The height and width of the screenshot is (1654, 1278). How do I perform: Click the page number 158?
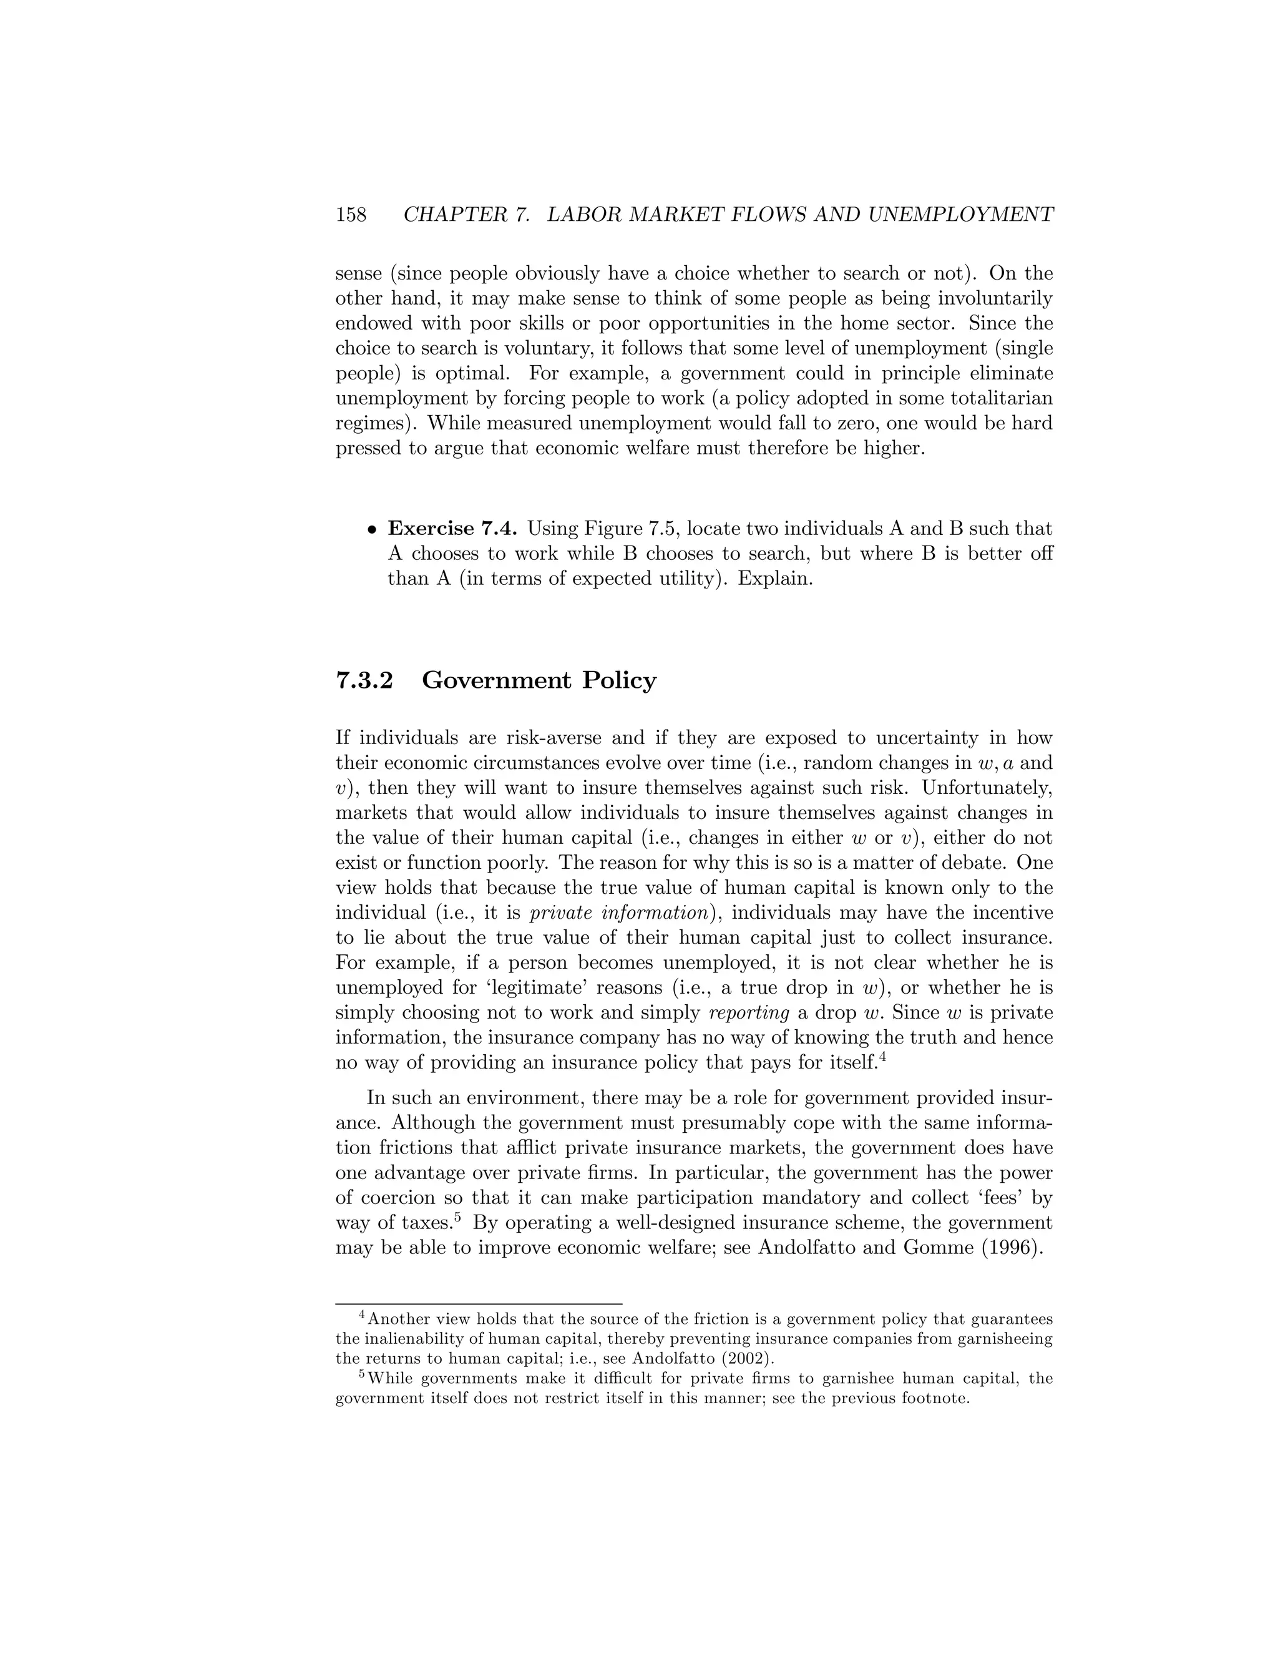click(x=351, y=215)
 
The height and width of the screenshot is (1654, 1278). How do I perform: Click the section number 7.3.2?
click(x=364, y=680)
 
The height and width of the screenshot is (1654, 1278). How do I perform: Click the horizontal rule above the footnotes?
click(x=479, y=1303)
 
